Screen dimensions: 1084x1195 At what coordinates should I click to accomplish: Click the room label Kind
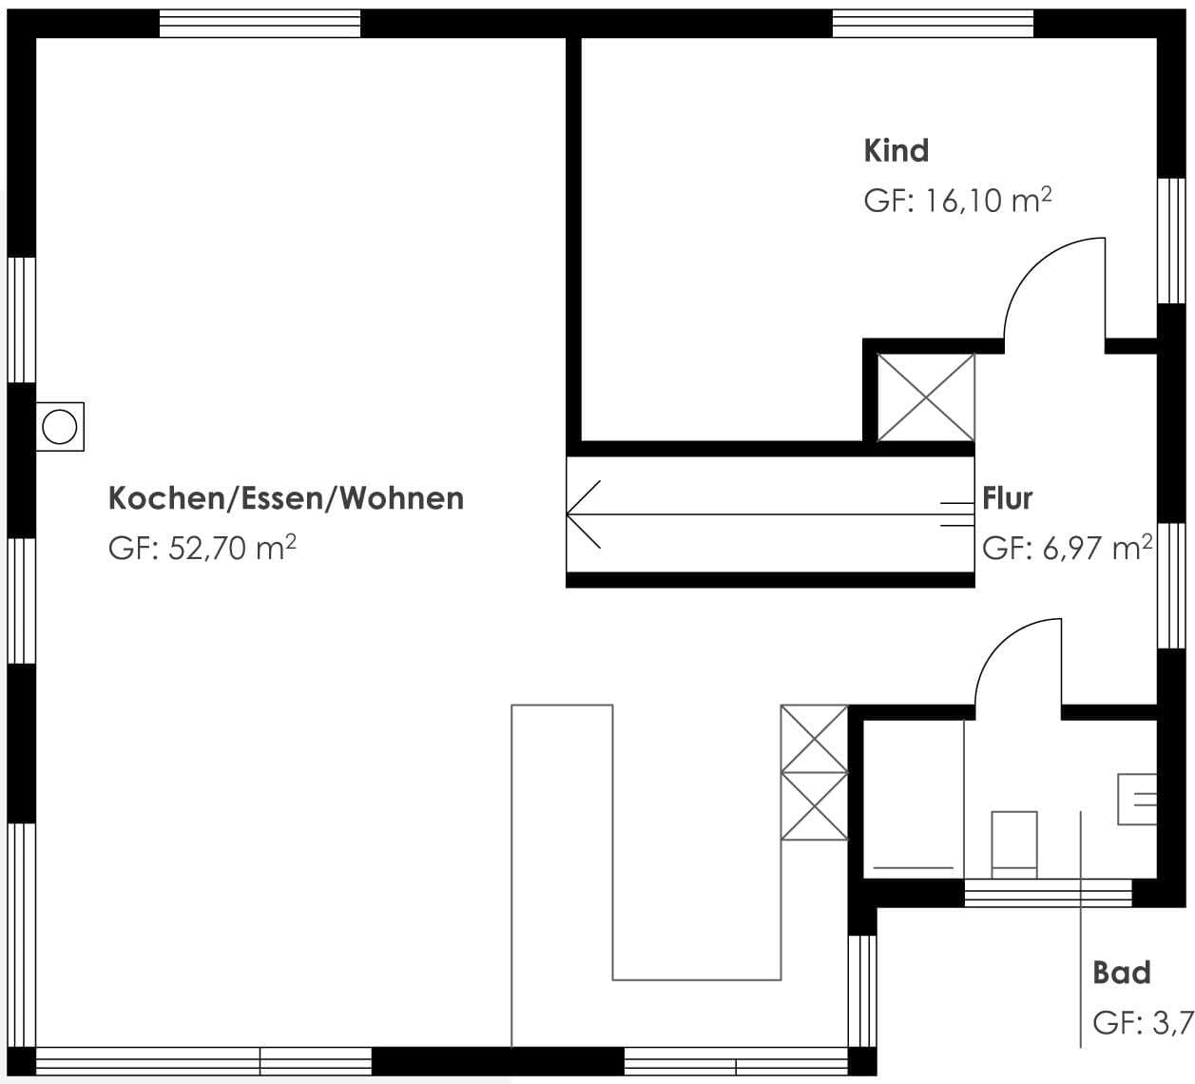coord(896,150)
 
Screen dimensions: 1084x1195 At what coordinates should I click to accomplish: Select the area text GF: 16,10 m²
coord(956,201)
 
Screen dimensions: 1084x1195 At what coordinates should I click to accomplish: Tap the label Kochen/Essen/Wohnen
coord(286,498)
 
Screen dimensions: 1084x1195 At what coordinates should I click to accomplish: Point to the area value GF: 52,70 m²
coord(202,549)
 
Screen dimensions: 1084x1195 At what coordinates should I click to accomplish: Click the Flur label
coord(1007,498)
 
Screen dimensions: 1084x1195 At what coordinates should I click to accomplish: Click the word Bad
coord(1122,973)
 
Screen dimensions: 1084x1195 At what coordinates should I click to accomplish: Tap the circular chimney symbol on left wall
coord(60,427)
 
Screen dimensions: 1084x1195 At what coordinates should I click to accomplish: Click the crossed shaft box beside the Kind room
coord(925,397)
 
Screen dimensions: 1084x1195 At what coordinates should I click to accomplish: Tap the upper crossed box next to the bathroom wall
coord(814,739)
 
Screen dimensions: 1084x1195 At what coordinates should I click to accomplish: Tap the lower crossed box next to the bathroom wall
coord(814,806)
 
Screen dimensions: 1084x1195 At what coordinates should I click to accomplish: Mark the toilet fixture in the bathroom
coord(1013,842)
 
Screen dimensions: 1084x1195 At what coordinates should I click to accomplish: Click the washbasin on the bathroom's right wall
coord(1138,799)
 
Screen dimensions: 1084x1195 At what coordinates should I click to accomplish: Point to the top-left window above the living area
coord(260,24)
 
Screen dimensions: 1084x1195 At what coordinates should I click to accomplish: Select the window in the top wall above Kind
coord(932,24)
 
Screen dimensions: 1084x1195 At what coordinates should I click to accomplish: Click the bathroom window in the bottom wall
coord(1048,893)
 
